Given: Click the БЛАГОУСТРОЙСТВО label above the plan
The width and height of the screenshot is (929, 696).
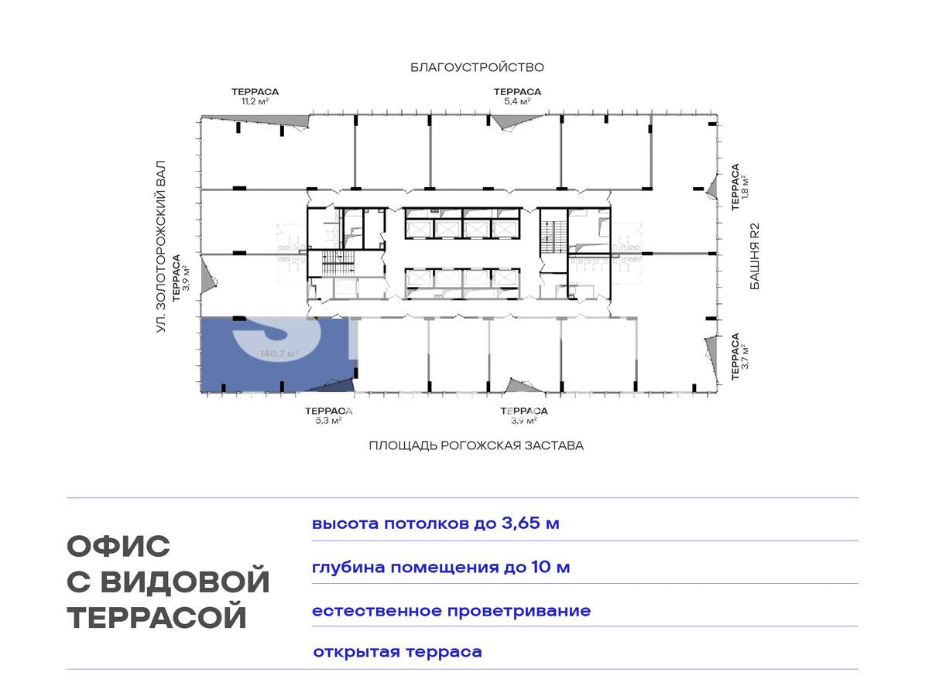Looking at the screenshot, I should tap(477, 67).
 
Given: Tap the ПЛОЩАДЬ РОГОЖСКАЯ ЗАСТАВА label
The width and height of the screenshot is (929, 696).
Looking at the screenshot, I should tap(475, 445).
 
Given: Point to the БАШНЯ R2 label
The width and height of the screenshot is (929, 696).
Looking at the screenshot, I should tap(755, 256).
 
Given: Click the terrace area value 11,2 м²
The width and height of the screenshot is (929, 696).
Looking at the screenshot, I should tap(255, 101).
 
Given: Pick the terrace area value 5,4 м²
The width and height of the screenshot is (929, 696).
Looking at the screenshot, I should tap(517, 101).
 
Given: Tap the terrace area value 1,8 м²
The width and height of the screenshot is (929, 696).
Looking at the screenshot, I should tap(746, 186).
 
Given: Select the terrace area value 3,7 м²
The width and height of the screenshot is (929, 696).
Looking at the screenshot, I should tap(746, 357).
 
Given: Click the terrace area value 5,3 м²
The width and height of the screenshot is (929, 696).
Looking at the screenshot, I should tap(328, 421).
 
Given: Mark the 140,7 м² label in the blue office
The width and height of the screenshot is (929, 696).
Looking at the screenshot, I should tap(279, 354).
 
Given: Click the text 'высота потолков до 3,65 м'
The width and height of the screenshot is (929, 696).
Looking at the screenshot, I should tap(435, 524).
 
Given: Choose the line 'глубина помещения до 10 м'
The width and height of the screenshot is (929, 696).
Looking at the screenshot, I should tap(441, 567).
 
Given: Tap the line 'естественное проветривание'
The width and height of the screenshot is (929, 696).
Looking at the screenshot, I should tap(451, 611).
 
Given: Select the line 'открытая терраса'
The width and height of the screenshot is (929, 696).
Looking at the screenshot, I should tap(397, 652).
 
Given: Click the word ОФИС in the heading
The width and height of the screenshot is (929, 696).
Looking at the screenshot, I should tap(118, 547).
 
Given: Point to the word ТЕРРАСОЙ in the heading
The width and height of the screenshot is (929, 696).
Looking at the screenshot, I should tap(157, 617).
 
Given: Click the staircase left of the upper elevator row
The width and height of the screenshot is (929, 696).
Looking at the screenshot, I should tap(338, 262).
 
